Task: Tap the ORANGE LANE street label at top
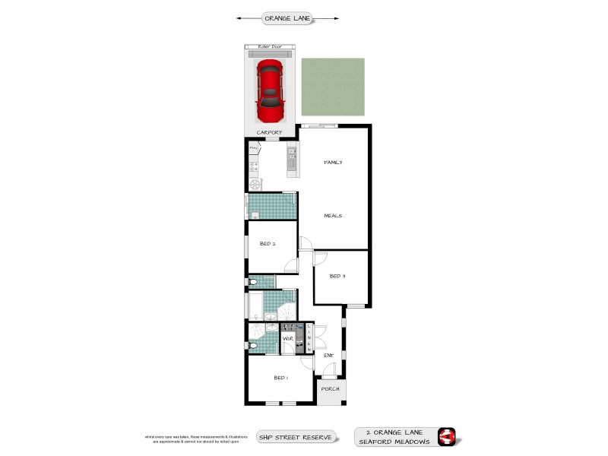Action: coord(287,17)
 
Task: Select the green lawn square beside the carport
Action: coord(332,90)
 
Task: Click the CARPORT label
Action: coord(269,132)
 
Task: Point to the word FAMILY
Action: coord(333,162)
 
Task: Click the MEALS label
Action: coord(333,215)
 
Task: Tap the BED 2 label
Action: coord(268,244)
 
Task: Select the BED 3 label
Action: coord(337,276)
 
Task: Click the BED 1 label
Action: coord(281,377)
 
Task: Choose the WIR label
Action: coord(288,337)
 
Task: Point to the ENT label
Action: coord(328,355)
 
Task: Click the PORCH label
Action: coord(330,389)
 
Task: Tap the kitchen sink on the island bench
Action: coord(291,157)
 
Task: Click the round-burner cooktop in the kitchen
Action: coord(255,183)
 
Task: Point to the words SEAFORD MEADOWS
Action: coord(394,442)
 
